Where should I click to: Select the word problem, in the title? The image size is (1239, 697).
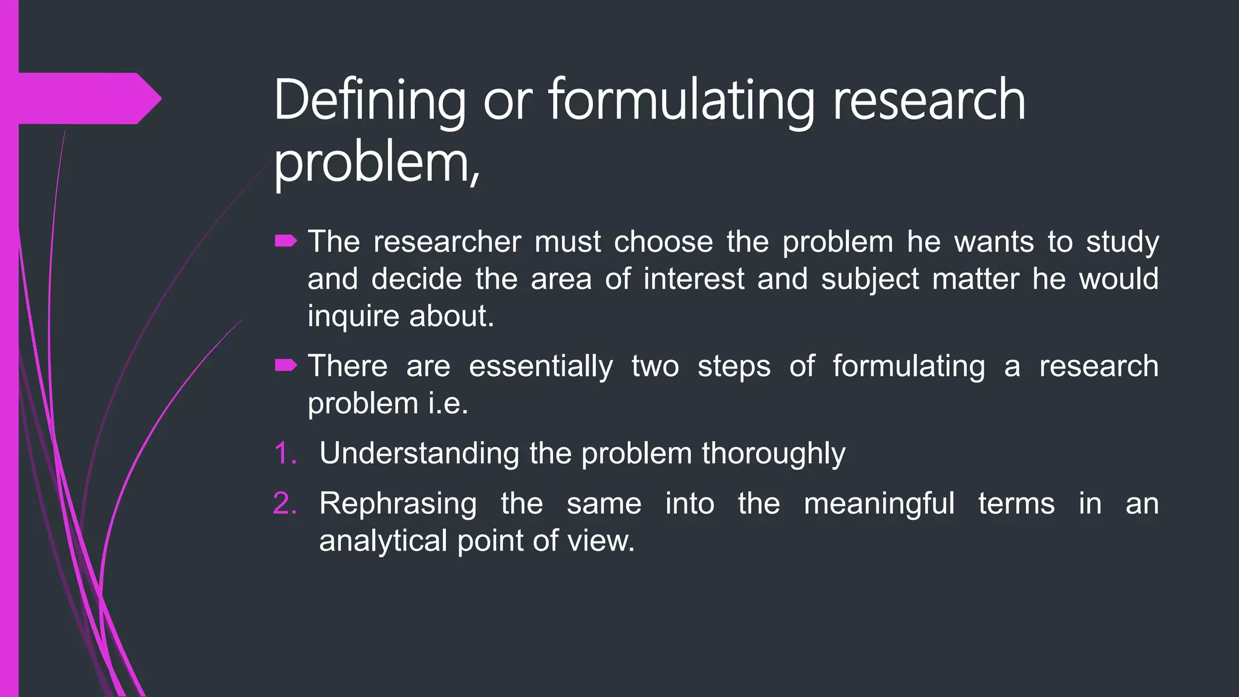click(376, 165)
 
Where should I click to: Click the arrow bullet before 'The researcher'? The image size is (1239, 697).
click(286, 242)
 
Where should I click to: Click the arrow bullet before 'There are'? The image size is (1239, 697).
click(286, 365)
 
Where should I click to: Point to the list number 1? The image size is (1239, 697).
click(284, 453)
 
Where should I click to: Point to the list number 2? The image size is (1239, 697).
click(284, 503)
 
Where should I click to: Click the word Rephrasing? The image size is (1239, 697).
click(397, 504)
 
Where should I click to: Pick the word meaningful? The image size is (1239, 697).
click(878, 504)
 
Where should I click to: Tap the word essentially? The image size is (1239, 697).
click(540, 367)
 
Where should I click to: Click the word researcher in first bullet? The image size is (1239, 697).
click(447, 242)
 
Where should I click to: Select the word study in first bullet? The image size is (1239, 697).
click(1122, 242)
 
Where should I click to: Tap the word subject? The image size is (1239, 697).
click(869, 280)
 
